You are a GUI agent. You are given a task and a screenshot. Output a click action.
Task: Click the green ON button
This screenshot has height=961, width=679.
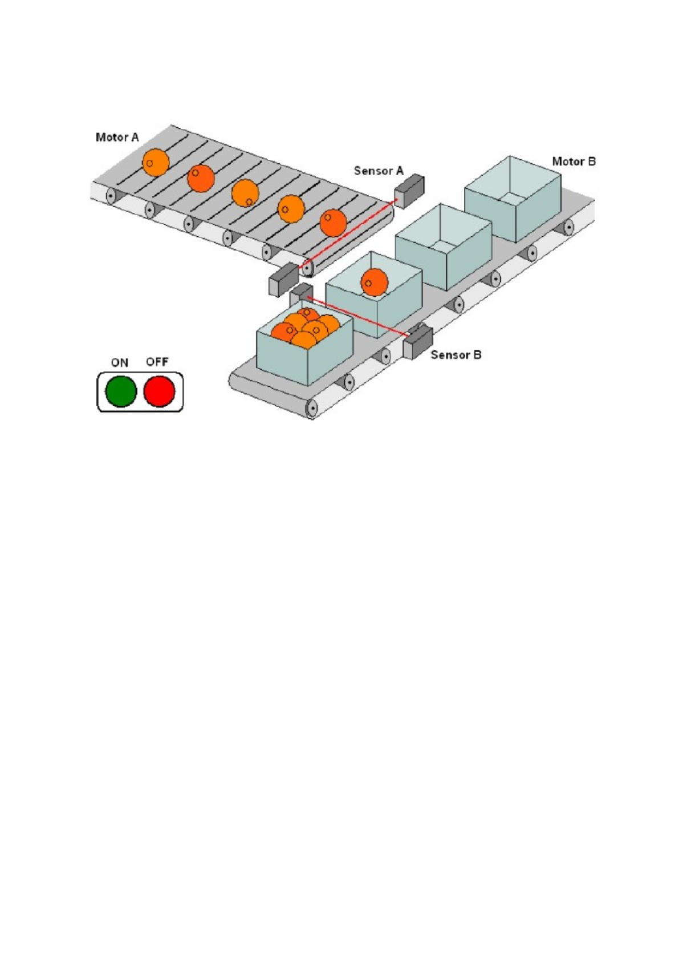(121, 391)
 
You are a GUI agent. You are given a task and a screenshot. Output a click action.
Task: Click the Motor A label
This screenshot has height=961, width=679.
(117, 138)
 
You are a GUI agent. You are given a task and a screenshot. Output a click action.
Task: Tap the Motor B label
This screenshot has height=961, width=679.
(574, 161)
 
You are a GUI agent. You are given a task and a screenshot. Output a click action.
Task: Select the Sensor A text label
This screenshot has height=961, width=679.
(378, 171)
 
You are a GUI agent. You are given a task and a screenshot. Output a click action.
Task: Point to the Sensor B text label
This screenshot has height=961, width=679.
(456, 355)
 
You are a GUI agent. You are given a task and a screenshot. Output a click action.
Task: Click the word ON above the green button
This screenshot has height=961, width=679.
(120, 362)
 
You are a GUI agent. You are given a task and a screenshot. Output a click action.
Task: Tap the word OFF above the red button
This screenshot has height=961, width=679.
(157, 362)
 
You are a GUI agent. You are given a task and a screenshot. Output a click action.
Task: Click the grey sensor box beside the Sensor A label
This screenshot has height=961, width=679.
(410, 190)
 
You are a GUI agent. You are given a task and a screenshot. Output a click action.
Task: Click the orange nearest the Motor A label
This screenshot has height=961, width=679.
(156, 163)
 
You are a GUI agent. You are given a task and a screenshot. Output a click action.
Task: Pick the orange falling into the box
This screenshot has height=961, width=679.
(374, 282)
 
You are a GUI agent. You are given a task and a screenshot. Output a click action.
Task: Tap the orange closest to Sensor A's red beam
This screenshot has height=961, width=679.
(334, 223)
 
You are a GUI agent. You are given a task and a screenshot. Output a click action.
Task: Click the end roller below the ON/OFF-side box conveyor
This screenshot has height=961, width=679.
(312, 408)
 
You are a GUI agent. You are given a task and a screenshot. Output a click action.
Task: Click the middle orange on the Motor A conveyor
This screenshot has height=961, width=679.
(245, 193)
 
